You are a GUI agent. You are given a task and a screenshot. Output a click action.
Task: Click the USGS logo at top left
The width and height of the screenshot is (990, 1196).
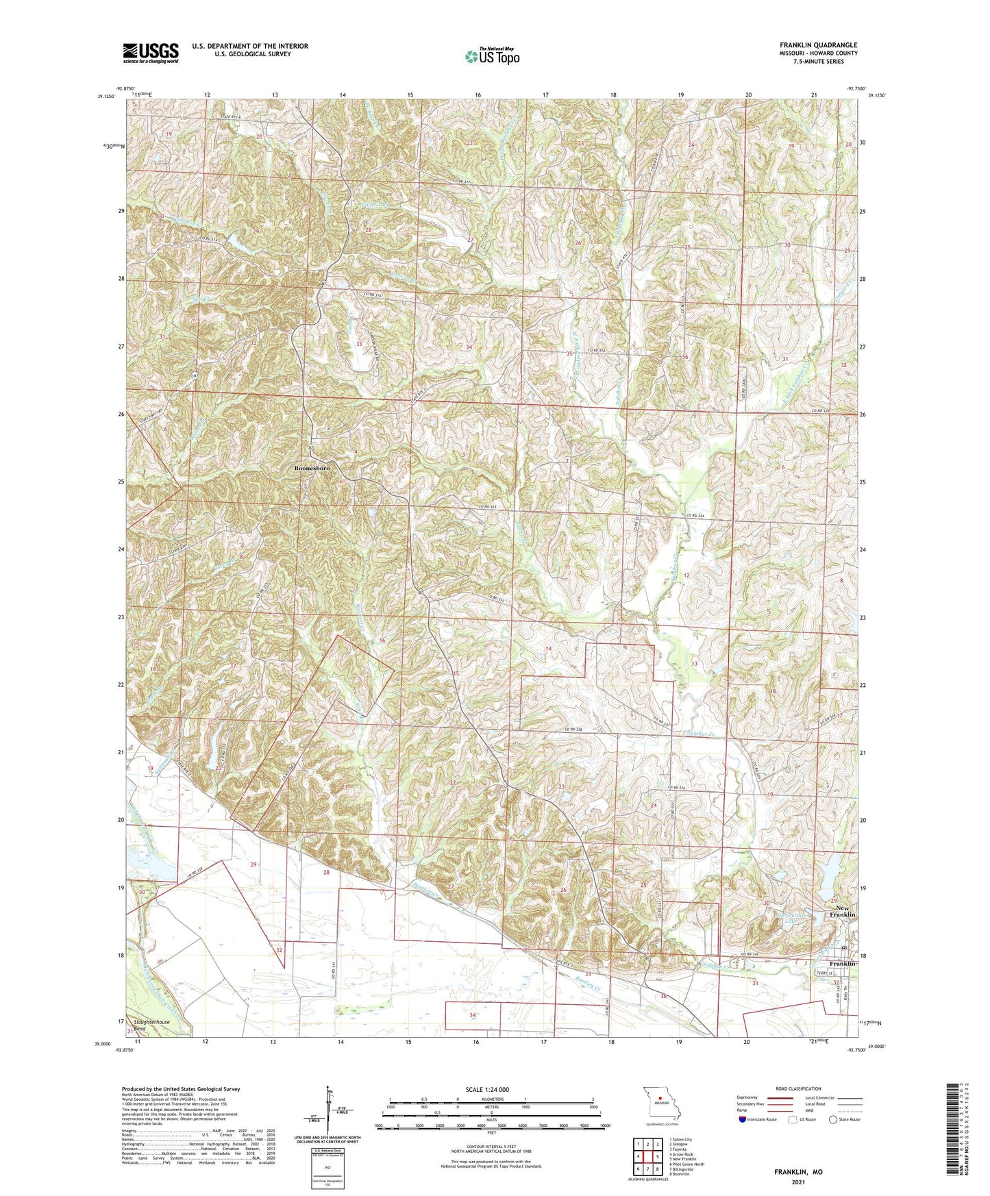(x=151, y=53)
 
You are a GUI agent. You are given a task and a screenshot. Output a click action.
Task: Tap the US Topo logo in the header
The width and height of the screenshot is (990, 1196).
(x=492, y=56)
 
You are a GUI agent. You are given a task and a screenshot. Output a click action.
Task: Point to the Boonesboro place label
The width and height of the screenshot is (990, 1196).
(x=312, y=468)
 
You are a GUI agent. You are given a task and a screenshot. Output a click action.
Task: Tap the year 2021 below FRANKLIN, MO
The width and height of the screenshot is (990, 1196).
(x=798, y=1182)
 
